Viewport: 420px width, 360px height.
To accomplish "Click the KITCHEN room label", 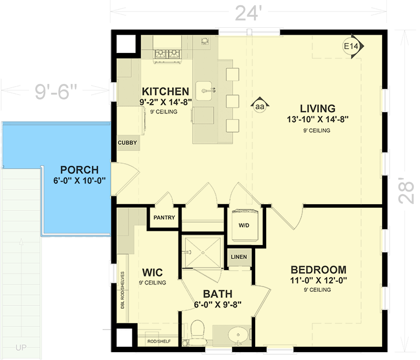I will (164, 91).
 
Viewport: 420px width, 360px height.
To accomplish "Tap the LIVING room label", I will (317, 109).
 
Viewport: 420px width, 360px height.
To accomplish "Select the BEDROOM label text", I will (319, 269).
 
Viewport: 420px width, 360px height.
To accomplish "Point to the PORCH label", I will (79, 170).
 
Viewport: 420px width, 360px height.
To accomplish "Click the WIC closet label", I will (152, 273).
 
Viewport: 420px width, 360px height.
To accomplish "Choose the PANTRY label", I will (164, 218).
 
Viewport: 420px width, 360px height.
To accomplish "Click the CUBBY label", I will (128, 143).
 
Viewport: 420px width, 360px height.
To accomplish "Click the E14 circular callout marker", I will (351, 47).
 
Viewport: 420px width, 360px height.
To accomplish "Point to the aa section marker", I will (259, 107).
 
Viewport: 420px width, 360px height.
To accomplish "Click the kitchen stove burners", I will (166, 54).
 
